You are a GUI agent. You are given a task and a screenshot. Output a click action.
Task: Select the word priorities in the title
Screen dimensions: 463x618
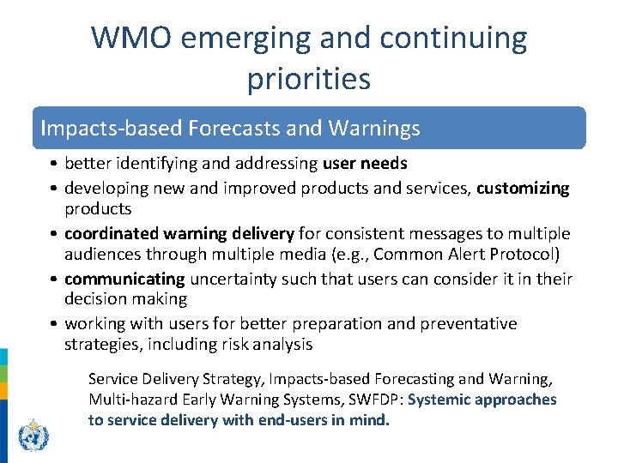tap(309, 79)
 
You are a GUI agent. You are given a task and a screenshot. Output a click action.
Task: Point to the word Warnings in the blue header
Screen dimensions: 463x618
tap(375, 129)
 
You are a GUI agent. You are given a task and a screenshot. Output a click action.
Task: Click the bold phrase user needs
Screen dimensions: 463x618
tap(365, 163)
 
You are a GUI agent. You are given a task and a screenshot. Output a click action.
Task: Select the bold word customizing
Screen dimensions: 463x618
tap(523, 188)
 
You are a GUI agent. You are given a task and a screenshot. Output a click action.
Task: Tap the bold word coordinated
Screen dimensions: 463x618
tap(109, 233)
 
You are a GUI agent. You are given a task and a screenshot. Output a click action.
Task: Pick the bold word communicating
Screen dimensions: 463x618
tap(124, 279)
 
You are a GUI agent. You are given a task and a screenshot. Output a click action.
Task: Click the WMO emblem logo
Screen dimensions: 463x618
tap(33, 436)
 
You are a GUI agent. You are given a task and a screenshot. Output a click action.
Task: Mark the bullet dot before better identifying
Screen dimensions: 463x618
tap(53, 164)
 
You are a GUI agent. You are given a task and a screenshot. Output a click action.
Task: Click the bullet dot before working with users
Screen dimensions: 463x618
tap(53, 324)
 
